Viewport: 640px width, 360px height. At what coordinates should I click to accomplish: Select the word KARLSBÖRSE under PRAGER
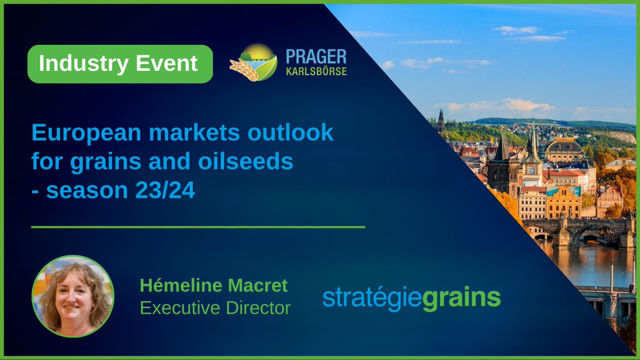coord(316,71)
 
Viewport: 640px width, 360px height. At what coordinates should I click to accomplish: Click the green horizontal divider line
coord(198,227)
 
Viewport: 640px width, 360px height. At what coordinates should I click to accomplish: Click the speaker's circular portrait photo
coord(73,295)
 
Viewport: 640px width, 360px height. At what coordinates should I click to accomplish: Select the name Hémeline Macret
coord(213,286)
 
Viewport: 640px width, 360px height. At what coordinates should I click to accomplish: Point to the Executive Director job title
coord(215,308)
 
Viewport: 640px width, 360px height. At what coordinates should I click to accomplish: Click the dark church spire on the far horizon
coord(441,120)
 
